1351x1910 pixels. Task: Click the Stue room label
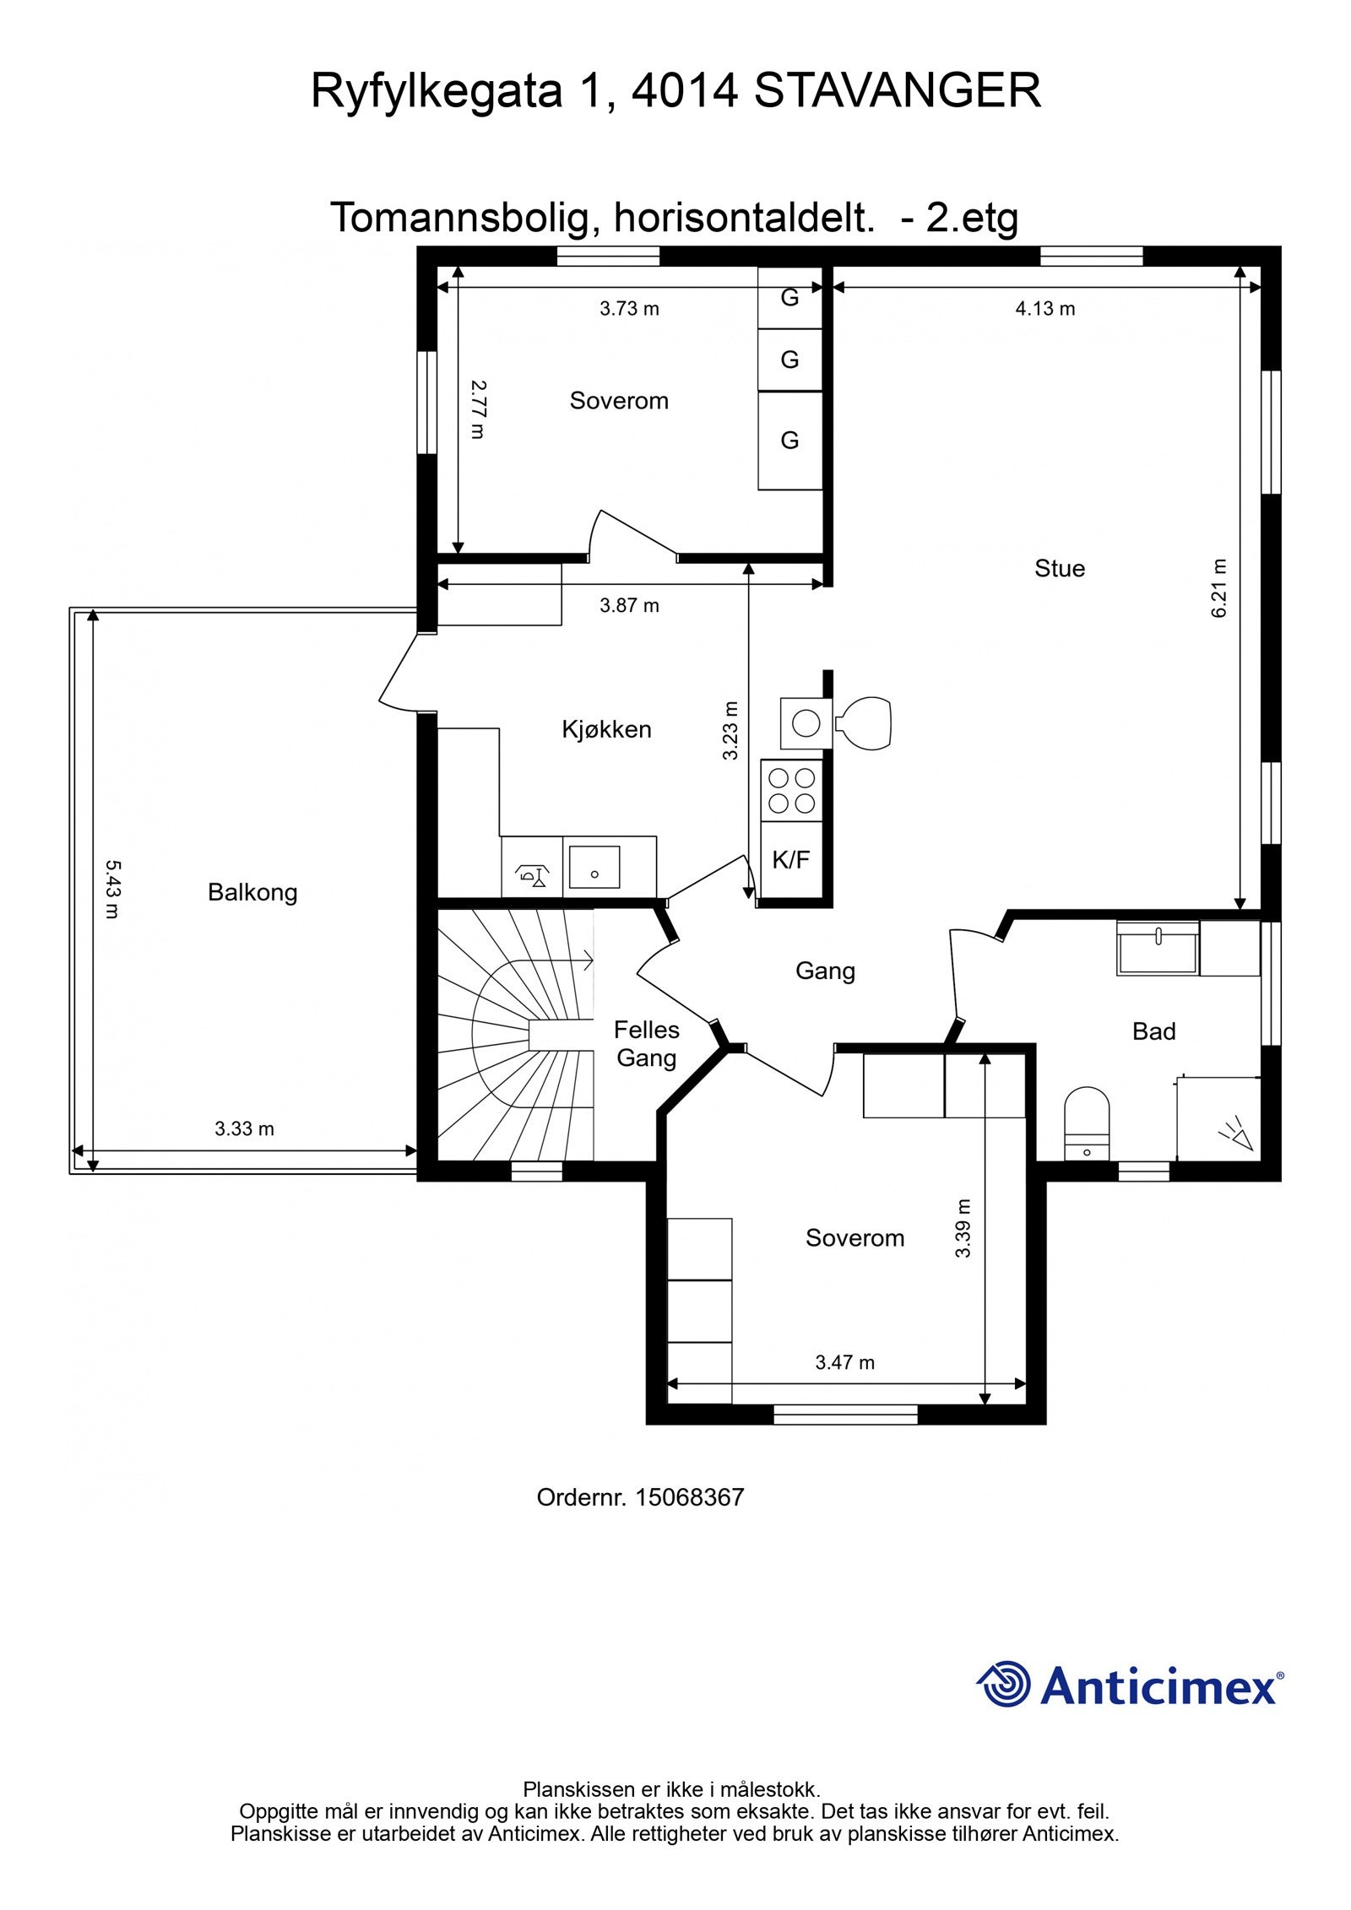pyautogui.click(x=1059, y=568)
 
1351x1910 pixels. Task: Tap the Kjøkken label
pyautogui.click(x=606, y=729)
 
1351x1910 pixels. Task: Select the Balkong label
pyautogui.click(x=252, y=892)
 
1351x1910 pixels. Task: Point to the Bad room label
pyautogui.click(x=1153, y=1031)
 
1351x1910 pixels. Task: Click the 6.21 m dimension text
pyautogui.click(x=1218, y=588)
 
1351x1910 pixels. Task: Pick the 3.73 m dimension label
pyautogui.click(x=629, y=309)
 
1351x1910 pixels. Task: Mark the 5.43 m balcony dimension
pyautogui.click(x=112, y=889)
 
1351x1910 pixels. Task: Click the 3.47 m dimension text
pyautogui.click(x=844, y=1362)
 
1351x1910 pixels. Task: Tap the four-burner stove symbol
pyautogui.click(x=792, y=790)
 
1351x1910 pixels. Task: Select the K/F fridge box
pyautogui.click(x=791, y=860)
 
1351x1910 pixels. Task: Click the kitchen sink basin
pyautogui.click(x=594, y=867)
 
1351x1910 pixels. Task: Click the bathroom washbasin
pyautogui.click(x=1158, y=949)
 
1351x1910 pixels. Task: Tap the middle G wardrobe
pyautogui.click(x=789, y=360)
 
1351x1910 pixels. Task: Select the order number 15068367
pyautogui.click(x=689, y=1497)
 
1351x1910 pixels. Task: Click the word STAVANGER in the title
pyautogui.click(x=898, y=91)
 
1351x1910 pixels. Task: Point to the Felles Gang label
pyautogui.click(x=646, y=1044)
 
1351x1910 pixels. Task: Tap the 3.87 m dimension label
pyautogui.click(x=629, y=605)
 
